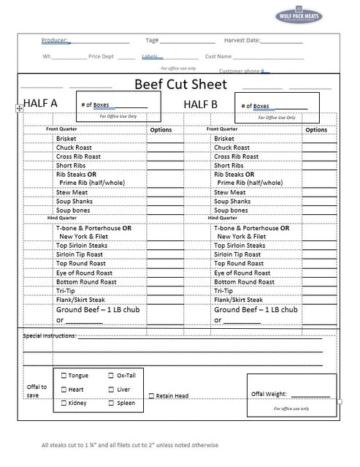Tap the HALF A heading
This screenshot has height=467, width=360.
40,103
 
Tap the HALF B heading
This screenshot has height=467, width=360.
200,104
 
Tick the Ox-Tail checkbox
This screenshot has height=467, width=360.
111,375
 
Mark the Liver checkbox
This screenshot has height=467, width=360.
111,390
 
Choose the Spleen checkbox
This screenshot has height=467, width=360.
111,403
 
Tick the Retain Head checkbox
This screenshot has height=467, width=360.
151,396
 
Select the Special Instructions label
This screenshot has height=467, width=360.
50,335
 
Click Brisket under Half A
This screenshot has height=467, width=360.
66,138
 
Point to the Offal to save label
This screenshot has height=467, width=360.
37,391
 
